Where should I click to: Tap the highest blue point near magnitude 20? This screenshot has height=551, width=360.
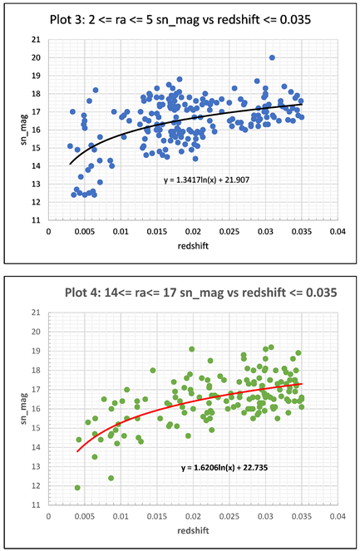click(x=272, y=58)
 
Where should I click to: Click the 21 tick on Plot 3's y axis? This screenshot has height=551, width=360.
click(x=35, y=39)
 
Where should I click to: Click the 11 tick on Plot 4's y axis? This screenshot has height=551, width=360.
click(x=35, y=505)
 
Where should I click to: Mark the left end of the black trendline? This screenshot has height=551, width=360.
click(x=70, y=165)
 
